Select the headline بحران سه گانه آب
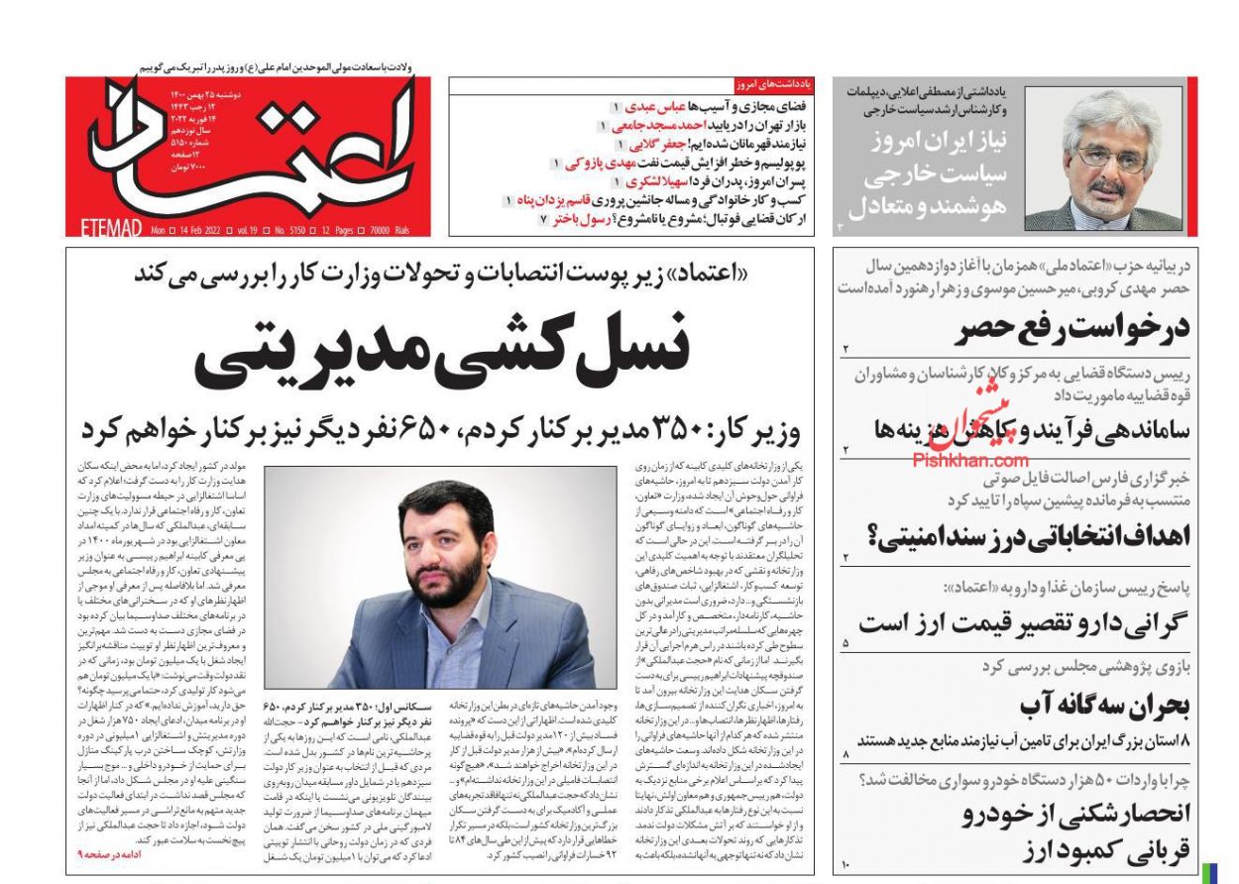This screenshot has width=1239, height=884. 1105,705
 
